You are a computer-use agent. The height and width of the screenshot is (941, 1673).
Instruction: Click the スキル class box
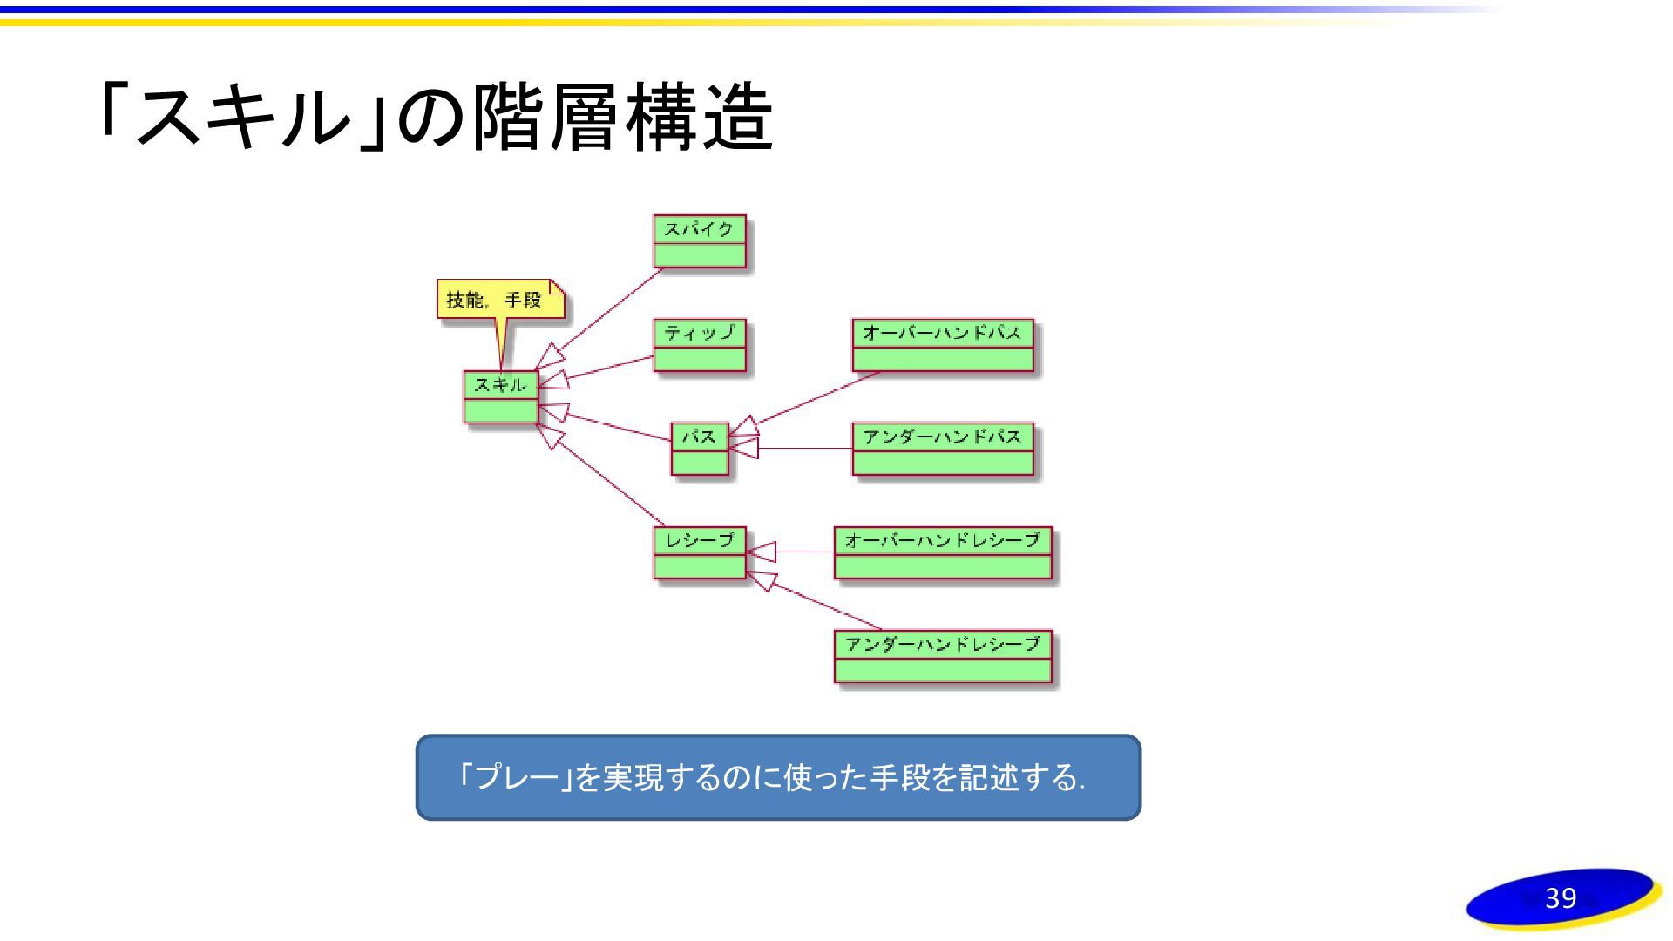[500, 397]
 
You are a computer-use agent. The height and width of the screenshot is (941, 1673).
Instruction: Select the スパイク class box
[700, 241]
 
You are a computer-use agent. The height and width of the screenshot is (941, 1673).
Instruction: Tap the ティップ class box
[700, 346]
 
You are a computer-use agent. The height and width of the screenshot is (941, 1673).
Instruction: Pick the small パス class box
[699, 449]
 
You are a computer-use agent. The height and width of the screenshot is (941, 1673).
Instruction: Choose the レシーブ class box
[700, 552]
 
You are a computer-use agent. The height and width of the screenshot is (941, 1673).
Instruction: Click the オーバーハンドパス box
[943, 345]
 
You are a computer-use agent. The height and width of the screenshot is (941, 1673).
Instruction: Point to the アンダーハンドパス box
[943, 449]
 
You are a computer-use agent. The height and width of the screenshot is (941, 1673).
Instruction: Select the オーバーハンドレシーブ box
[943, 552]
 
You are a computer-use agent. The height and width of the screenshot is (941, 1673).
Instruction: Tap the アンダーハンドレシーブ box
[943, 656]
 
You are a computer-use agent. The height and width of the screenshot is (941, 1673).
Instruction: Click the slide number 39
[1560, 898]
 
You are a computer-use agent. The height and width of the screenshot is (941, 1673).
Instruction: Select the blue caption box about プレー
[777, 777]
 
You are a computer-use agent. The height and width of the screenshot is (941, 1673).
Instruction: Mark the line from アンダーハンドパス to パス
[806, 449]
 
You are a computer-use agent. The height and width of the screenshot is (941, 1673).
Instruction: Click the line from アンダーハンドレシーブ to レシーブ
[828, 606]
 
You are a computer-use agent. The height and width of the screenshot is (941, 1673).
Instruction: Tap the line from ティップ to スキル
[610, 368]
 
